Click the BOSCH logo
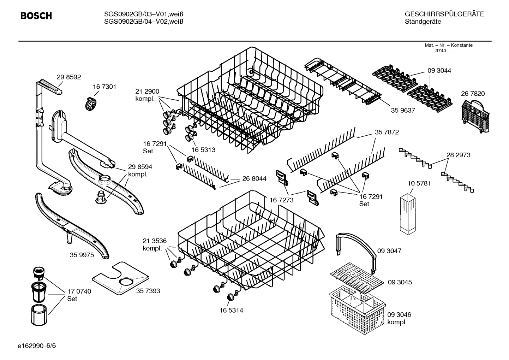(x=36, y=16)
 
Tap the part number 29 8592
(x=69, y=77)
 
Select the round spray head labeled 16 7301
(x=91, y=104)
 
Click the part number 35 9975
(x=82, y=255)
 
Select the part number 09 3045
(x=400, y=282)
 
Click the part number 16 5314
(x=231, y=311)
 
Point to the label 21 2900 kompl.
(x=147, y=95)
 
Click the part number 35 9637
(x=403, y=110)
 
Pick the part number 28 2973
(x=458, y=155)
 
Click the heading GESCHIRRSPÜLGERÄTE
(x=444, y=14)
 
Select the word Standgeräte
(x=423, y=22)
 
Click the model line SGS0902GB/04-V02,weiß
(x=143, y=22)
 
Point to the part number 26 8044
(x=254, y=179)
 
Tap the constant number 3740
(x=440, y=51)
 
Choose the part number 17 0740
(x=79, y=291)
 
